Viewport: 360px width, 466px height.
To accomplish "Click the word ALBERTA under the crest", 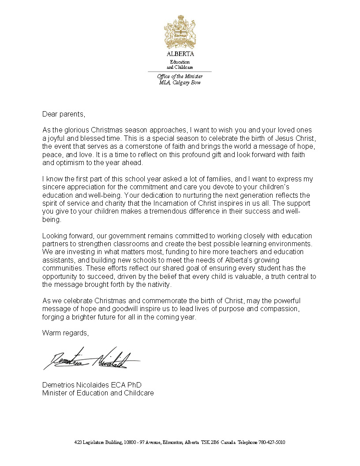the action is point(180,54).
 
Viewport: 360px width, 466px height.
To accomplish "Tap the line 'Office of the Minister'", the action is point(180,76).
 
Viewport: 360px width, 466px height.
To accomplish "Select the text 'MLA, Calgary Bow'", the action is point(180,83).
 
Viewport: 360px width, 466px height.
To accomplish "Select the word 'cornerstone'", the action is point(163,146).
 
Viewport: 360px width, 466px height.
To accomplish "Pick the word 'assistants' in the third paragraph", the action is point(58,260).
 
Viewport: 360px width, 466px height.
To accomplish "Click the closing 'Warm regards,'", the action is point(65,333).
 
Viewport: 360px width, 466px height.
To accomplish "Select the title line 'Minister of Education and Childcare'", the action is point(98,393).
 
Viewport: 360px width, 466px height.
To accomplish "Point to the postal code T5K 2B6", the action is point(210,442).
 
